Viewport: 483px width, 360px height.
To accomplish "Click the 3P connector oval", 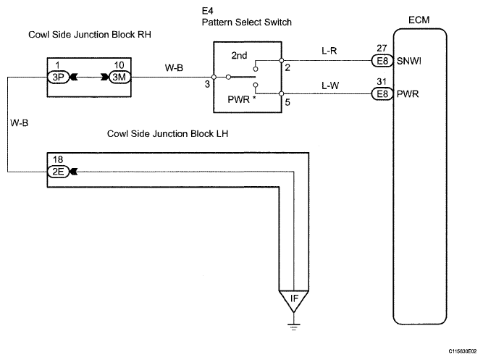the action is pos(58,77).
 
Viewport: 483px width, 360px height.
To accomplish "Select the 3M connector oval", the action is pos(119,77).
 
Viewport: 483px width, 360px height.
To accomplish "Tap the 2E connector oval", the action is pos(58,172).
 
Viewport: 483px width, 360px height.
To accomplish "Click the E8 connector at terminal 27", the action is pos(382,61).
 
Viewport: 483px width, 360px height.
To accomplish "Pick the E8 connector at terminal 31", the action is pos(382,93).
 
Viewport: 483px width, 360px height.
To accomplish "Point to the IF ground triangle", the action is pos(294,301).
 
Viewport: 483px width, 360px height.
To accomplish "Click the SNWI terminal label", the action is pos(408,61).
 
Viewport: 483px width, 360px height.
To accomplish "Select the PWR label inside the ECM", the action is pos(408,94).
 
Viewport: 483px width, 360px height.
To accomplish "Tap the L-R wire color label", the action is pos(329,51).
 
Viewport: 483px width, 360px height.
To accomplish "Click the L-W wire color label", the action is pos(330,85).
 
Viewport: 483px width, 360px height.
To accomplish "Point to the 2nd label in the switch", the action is pos(239,56).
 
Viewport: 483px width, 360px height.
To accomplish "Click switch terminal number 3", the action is pos(207,84).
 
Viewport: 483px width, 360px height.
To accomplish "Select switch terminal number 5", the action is pos(287,102).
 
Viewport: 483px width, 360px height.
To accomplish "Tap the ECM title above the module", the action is pos(419,20).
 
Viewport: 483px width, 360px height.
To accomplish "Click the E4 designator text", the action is pos(207,11).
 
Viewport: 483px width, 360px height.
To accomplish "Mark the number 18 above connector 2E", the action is pos(58,159).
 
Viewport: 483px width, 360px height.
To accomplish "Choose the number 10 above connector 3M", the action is pos(119,65).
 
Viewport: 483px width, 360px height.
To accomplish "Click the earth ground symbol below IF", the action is pos(294,327).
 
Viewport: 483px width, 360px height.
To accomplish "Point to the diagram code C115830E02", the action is pos(462,351).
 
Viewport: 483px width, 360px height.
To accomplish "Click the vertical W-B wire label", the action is pos(19,123).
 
